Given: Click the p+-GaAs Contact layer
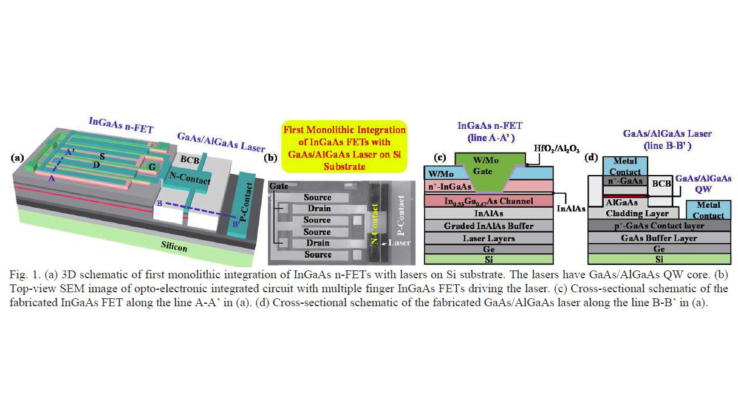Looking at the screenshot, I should (660, 225).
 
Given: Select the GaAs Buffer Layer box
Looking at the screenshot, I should (660, 238).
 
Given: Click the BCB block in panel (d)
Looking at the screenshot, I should (660, 182).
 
